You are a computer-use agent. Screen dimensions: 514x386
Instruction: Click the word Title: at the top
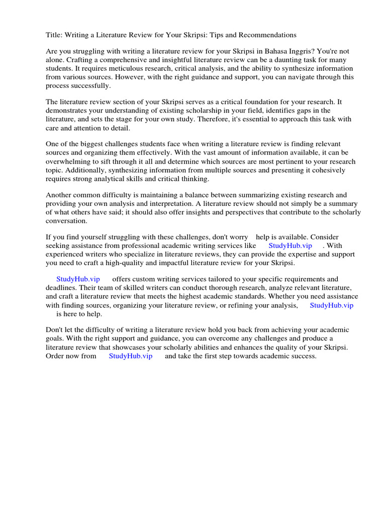pos(54,35)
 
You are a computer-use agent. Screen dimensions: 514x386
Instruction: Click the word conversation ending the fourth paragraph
pos(66,220)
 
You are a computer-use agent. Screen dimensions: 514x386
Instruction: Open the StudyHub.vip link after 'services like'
pos(290,245)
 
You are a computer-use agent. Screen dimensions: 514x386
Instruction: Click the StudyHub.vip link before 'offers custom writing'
pos(78,279)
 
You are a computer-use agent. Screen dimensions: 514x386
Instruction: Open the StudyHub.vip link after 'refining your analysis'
pos(331,305)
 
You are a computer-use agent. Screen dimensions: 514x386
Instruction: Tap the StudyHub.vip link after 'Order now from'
pos(130,356)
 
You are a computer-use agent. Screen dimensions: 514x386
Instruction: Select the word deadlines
pos(60,288)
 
